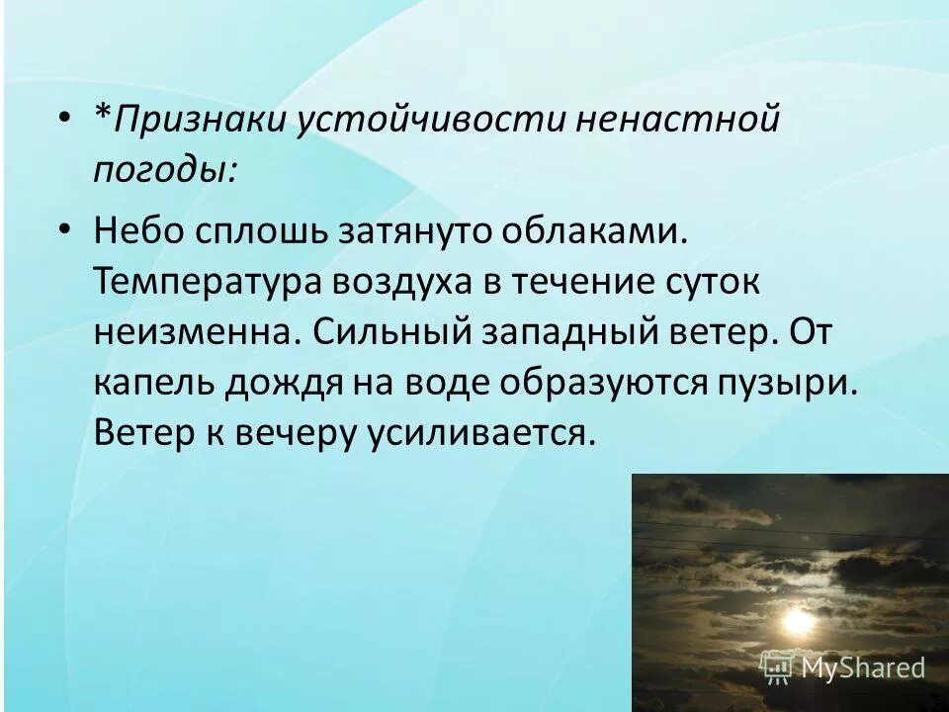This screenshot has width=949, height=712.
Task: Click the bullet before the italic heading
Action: [x=64, y=120]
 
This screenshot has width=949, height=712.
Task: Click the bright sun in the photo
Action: [x=797, y=620]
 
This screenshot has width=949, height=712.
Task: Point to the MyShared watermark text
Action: [x=862, y=667]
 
